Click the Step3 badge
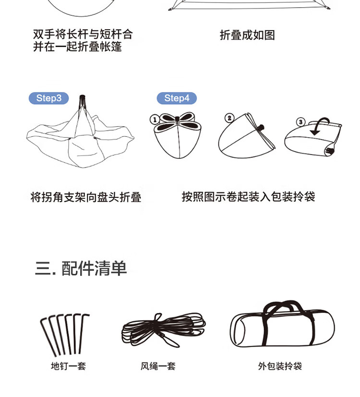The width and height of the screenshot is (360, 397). tap(48, 98)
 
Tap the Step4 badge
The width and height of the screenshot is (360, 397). tap(177, 98)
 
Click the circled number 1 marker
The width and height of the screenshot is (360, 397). tap(155, 120)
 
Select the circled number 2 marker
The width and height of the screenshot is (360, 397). tap(229, 118)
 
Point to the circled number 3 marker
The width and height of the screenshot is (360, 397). tap(300, 122)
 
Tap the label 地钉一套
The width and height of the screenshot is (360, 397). tap(68, 366)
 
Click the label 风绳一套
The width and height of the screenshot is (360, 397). tap(158, 366)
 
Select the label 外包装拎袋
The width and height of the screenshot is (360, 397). tap(280, 366)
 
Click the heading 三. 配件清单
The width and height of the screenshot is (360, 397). tap(81, 268)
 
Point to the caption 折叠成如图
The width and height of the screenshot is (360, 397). tap(247, 35)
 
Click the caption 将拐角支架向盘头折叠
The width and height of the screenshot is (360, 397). tap(86, 197)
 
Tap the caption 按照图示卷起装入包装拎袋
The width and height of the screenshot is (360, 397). tap(248, 197)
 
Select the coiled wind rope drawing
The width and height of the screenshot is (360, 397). tap(164, 330)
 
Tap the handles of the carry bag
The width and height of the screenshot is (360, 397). tap(284, 305)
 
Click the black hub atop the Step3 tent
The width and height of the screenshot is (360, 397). tap(82, 99)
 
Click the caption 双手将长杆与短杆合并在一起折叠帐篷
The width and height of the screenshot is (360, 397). tap(83, 40)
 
